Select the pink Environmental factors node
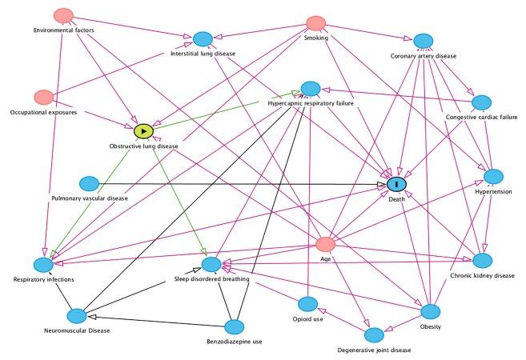tap(64, 16)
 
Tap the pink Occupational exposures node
tap(44, 97)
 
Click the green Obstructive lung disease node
tap(143, 130)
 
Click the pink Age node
tap(325, 244)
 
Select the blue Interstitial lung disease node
tap(203, 39)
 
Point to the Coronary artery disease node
tap(424, 41)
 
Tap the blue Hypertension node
tap(493, 176)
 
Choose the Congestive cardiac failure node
tap(481, 102)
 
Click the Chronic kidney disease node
tap(482, 261)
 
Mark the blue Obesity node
tap(431, 310)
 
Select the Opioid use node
tap(308, 304)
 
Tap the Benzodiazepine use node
tap(234, 326)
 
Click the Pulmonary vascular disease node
tap(90, 184)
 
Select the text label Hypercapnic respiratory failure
tap(311, 103)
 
